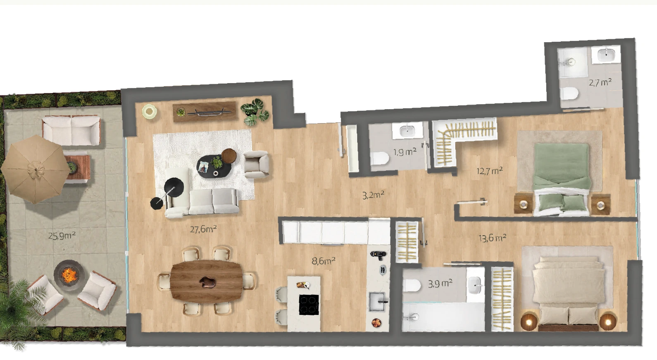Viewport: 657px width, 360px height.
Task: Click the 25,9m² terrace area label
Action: [x=62, y=236]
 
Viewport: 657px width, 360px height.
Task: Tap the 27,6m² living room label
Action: [x=203, y=229]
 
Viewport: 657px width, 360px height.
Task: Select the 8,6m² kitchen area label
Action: [x=324, y=260]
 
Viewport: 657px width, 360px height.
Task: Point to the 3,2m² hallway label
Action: [x=374, y=195]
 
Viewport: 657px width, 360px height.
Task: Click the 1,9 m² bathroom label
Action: [x=405, y=152]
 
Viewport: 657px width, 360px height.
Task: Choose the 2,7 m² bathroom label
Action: [x=600, y=82]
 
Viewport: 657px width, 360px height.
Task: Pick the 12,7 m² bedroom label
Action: [x=490, y=171]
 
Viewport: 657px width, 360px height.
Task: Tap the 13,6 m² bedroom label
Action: [x=493, y=238]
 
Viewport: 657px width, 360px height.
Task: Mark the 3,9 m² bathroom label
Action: [x=440, y=284]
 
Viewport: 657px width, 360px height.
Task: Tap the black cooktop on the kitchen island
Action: [x=309, y=305]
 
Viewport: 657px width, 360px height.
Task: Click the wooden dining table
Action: [x=207, y=281]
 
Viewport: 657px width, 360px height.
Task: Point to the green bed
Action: [x=562, y=179]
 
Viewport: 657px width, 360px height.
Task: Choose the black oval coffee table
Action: [x=214, y=167]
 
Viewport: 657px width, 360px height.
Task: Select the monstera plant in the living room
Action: [x=255, y=112]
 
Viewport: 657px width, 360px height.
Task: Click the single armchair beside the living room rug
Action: [x=256, y=164]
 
